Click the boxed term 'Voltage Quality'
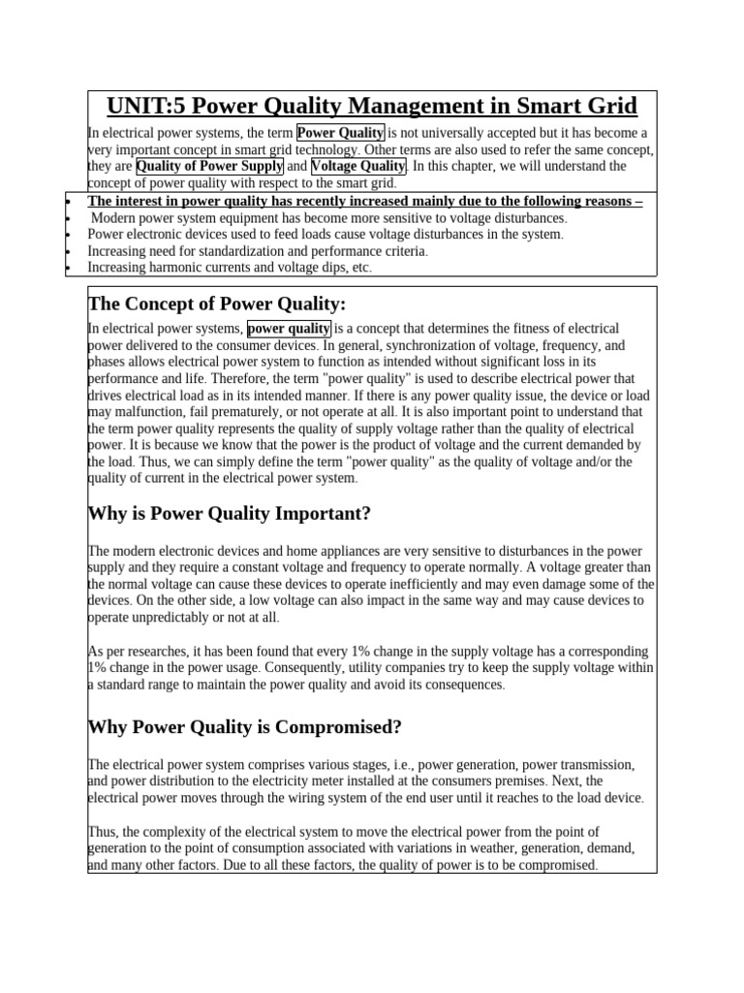(358, 166)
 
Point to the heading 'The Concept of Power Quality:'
(216, 304)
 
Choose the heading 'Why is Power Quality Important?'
(230, 513)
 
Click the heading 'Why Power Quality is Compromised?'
(244, 726)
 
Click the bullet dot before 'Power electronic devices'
(68, 235)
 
